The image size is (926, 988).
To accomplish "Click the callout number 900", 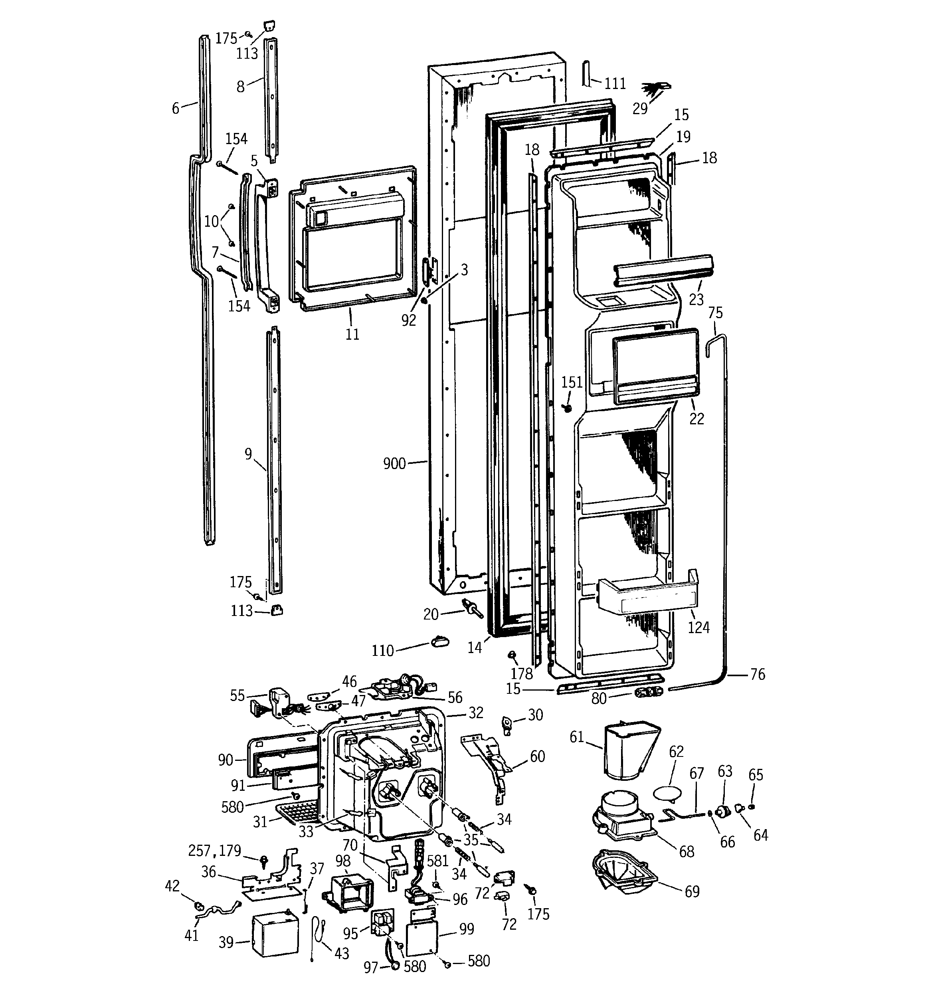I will [394, 464].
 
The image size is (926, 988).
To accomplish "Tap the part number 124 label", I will [698, 627].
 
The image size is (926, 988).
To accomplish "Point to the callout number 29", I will [640, 108].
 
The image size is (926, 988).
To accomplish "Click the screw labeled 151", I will [567, 408].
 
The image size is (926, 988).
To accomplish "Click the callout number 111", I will [615, 83].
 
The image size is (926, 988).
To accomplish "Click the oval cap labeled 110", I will [439, 642].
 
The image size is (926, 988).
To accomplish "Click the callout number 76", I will [758, 674].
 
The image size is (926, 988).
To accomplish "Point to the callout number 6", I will [176, 108].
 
